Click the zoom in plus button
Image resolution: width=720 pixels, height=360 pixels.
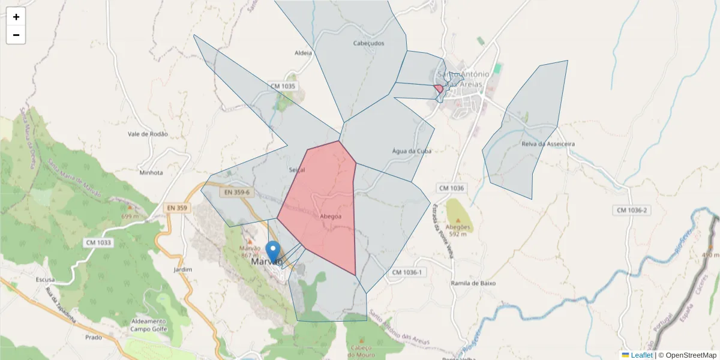16,17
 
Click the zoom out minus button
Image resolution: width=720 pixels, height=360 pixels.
16,35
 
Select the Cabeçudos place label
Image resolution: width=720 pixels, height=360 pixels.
368,43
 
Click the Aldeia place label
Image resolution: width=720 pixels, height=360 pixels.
304,53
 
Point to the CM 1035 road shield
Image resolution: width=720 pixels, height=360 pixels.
283,86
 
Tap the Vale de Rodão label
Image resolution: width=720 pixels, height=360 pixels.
148,134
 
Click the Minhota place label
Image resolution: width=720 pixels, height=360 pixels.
151,173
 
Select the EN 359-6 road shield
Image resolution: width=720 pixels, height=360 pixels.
237,193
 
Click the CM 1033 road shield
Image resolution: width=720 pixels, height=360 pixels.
98,242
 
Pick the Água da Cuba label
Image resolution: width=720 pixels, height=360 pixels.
411,151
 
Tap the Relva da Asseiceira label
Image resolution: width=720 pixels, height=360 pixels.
548,144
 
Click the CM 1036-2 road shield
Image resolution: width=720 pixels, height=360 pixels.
631,211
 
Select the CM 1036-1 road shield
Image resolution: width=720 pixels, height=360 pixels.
407,272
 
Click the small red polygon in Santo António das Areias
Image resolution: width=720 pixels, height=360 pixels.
439,88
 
